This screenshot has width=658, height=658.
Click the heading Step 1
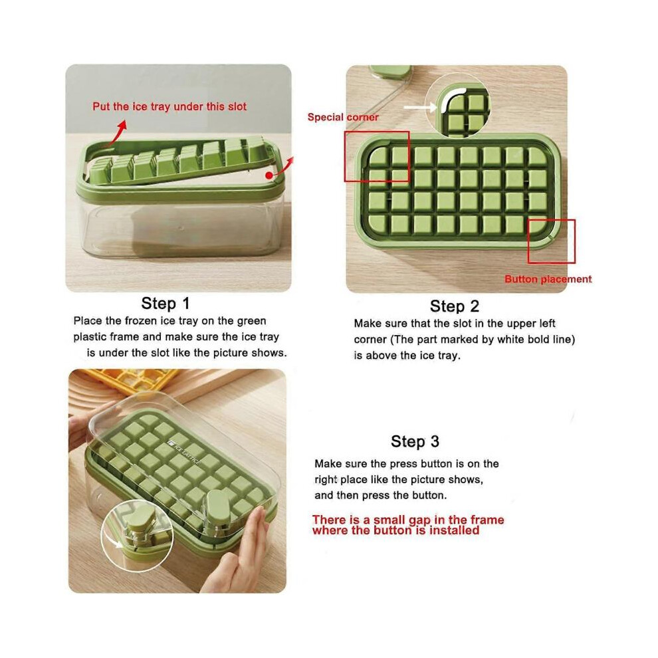click(165, 303)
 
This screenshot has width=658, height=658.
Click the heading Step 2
click(455, 306)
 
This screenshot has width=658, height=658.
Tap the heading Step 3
click(415, 441)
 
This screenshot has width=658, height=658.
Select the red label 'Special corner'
click(343, 117)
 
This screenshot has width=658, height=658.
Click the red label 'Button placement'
click(548, 279)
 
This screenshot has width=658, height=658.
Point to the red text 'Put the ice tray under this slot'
click(169, 106)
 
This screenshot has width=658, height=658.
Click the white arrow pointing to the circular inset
click(420, 108)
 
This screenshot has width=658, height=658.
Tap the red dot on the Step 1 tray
click(269, 175)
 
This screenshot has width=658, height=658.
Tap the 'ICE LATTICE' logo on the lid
click(184, 453)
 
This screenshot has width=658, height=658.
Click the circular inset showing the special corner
click(458, 105)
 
